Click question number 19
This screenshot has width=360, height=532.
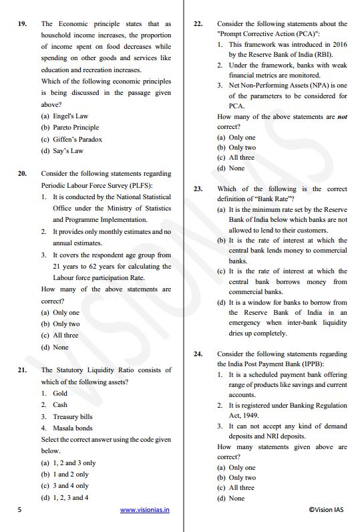click(23, 24)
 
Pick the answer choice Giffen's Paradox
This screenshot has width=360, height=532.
click(71, 139)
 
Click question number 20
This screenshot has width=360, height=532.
click(23, 174)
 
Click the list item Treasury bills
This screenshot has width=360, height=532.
click(72, 416)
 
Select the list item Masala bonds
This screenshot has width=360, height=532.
click(72, 428)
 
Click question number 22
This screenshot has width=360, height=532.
click(198, 24)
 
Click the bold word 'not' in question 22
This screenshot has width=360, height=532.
click(342, 117)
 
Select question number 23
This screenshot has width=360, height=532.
click(198, 189)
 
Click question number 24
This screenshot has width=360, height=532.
click(198, 354)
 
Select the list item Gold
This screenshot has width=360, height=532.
click(60, 393)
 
